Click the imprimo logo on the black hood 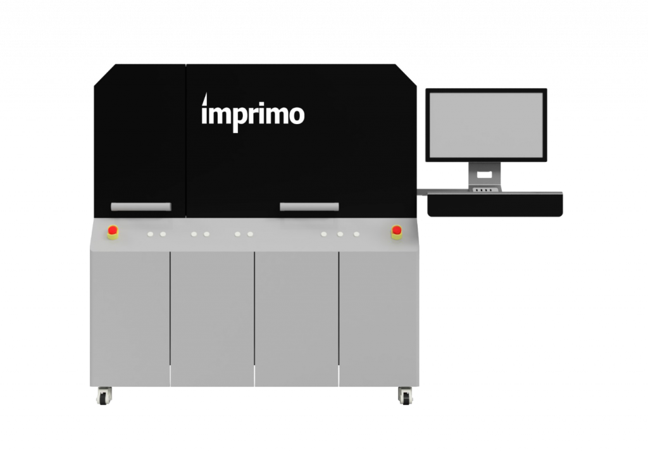(x=253, y=115)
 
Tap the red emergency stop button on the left (x=113, y=232)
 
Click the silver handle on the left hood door (x=140, y=207)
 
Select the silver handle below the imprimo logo (x=309, y=206)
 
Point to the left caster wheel (x=103, y=396)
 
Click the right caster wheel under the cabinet (x=405, y=396)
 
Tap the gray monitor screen (x=486, y=124)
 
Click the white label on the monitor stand (x=485, y=174)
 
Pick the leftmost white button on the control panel (x=151, y=234)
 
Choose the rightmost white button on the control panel (x=356, y=234)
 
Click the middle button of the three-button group (x=340, y=234)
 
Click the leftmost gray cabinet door (x=130, y=316)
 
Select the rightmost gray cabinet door (x=378, y=316)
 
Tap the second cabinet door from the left (x=212, y=316)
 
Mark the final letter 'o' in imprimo (x=296, y=116)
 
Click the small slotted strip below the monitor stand (x=485, y=189)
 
